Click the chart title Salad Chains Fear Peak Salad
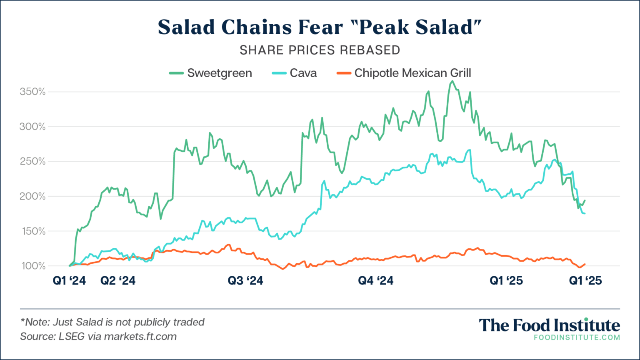(x=320, y=27)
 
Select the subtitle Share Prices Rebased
(x=320, y=50)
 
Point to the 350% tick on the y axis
(x=32, y=92)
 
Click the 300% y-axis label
(x=32, y=127)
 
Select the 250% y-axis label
(x=32, y=161)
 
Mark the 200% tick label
(x=32, y=196)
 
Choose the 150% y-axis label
(x=32, y=231)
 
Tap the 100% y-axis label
(x=32, y=266)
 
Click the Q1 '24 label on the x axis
(x=69, y=281)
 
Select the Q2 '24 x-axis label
(x=118, y=281)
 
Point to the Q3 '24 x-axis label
(x=245, y=281)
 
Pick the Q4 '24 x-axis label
(x=375, y=281)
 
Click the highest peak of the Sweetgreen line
(x=452, y=81)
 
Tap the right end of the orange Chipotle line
(x=585, y=264)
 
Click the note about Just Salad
(x=112, y=322)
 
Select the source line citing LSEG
(x=98, y=336)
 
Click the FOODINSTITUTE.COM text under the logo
(x=577, y=337)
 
